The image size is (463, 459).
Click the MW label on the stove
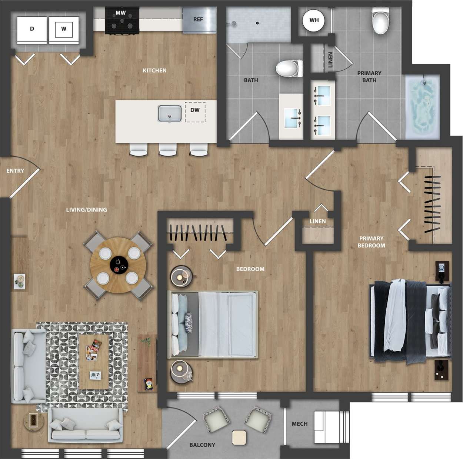point(121,13)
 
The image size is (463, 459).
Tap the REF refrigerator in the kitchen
point(198,20)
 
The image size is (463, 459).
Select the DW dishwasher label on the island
point(195,110)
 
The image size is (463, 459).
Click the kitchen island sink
point(170,113)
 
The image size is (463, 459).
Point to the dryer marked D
point(32,29)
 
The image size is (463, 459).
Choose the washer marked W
point(64,29)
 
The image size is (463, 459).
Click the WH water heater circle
point(314,20)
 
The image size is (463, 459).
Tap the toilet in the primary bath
point(381,21)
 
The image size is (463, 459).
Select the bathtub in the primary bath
point(422,106)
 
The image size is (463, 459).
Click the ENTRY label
point(15,171)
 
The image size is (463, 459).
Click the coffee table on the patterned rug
point(94,361)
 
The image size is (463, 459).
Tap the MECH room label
point(300,424)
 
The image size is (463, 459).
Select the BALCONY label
point(202,445)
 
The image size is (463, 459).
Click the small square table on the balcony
point(239,438)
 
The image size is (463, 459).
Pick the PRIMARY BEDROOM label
point(371,242)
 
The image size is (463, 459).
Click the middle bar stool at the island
point(168,149)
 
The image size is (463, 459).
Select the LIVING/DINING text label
point(86,210)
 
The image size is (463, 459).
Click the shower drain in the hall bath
point(257,23)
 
